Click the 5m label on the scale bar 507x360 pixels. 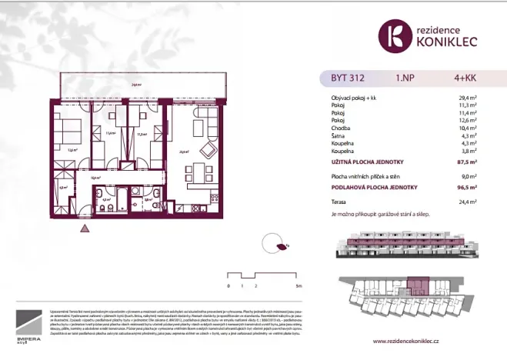298,285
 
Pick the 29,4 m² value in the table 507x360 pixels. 486,98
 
